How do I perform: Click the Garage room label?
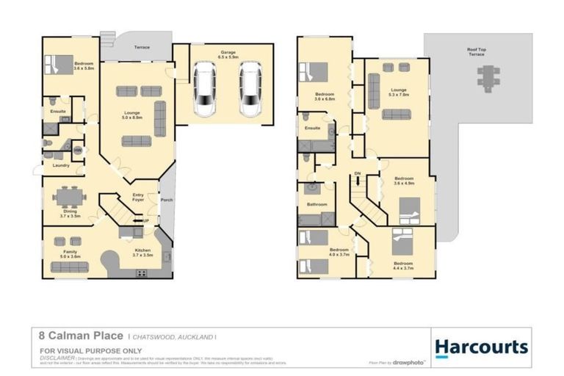point(228,52)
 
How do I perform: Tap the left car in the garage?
point(205,90)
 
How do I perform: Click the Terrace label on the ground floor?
point(141,47)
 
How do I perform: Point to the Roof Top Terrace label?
point(477,52)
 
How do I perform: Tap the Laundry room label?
point(61,165)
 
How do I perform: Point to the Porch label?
point(166,198)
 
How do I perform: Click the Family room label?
point(70,252)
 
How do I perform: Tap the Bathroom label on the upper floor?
point(317,205)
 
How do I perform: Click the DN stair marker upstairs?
point(358,173)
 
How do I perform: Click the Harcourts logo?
point(481,347)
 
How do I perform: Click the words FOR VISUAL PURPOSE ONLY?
point(81,350)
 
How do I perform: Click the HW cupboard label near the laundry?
point(77,151)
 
